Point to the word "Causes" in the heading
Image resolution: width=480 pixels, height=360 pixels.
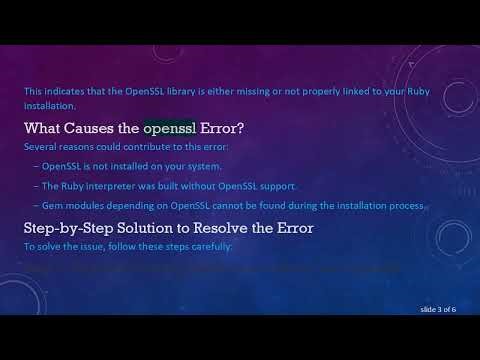click(107, 129)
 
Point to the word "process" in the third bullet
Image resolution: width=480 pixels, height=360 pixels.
click(409, 205)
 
